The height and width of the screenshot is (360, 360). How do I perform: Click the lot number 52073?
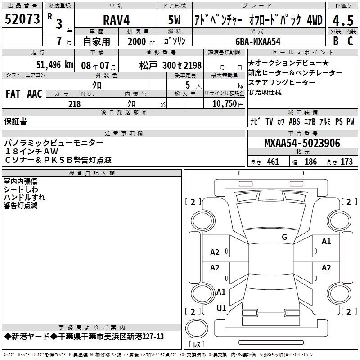click(x=22, y=19)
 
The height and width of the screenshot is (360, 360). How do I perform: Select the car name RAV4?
click(x=116, y=20)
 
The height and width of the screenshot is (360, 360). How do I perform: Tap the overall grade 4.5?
click(x=343, y=20)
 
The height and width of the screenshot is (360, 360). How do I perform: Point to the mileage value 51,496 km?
click(x=54, y=65)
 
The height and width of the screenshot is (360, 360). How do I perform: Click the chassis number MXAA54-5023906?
click(x=302, y=143)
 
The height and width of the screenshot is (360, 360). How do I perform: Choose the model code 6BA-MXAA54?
click(x=258, y=41)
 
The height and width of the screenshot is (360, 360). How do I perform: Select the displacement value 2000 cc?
click(x=141, y=41)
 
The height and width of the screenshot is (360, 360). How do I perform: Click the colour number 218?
click(x=74, y=104)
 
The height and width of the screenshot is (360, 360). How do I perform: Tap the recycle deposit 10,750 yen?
click(x=228, y=104)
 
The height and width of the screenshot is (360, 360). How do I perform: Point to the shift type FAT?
click(x=13, y=94)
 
